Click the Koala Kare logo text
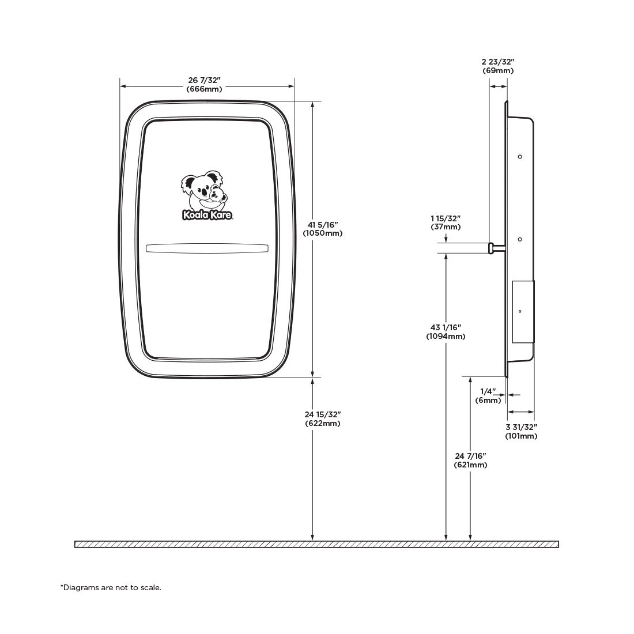(207, 215)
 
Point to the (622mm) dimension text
(323, 424)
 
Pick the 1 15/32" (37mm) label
(446, 223)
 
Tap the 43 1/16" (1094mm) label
(446, 331)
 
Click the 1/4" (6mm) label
(488, 396)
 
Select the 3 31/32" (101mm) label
(521, 432)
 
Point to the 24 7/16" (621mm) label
(470, 461)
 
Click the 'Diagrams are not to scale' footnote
(111, 587)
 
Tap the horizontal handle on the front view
(207, 248)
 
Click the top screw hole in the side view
(520, 156)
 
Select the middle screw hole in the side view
(520, 239)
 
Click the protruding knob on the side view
(491, 248)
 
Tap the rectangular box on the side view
(523, 312)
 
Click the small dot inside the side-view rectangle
(520, 311)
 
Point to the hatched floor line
(316, 544)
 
